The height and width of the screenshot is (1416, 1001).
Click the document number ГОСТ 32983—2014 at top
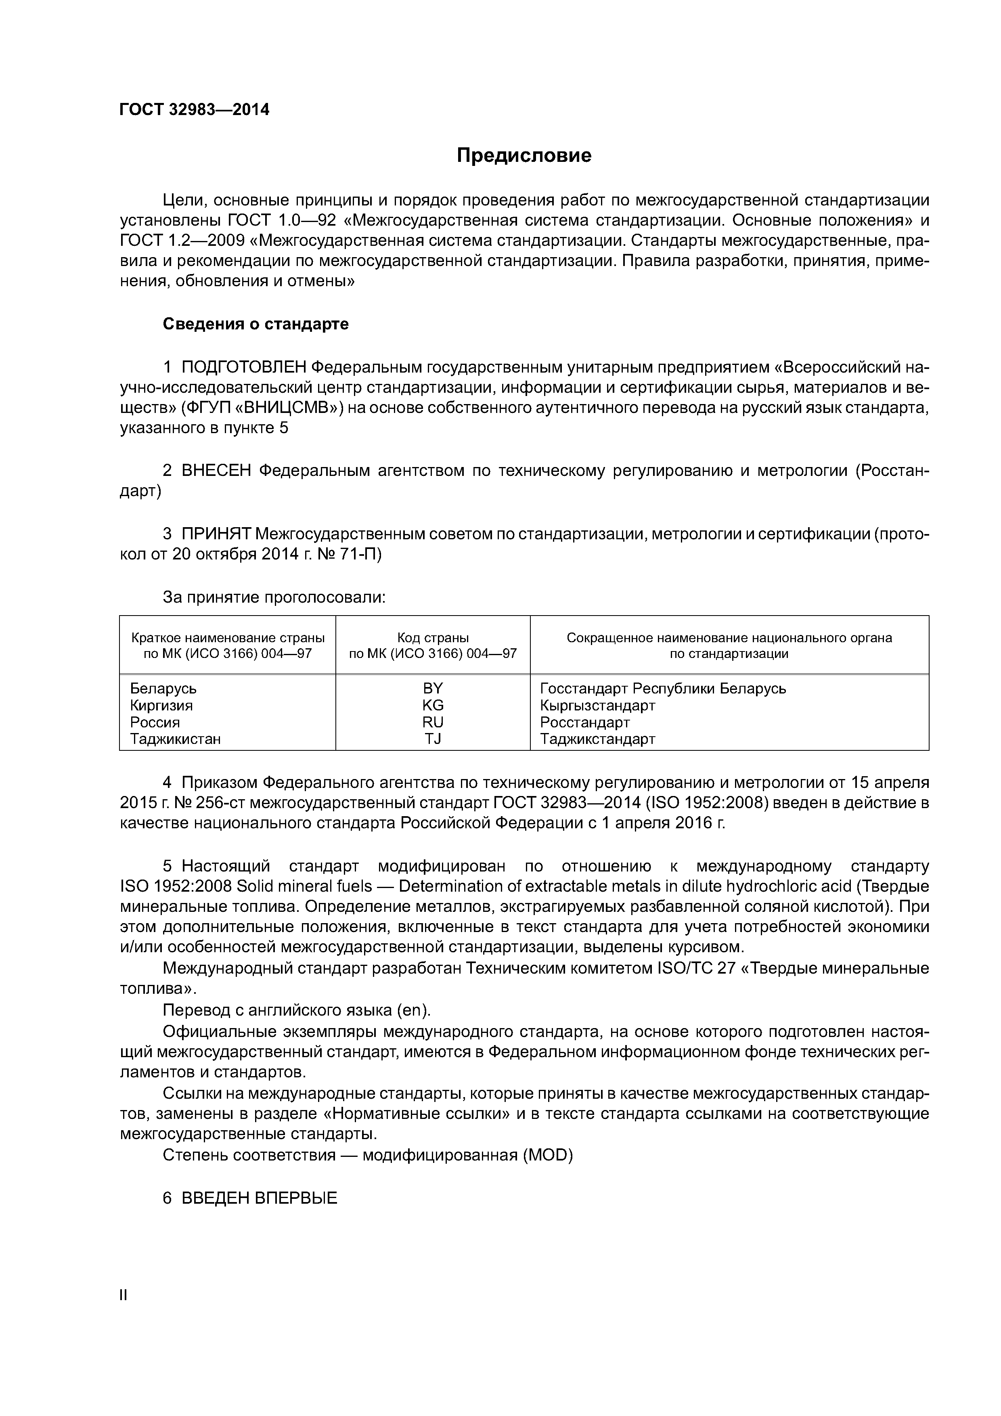pyautogui.click(x=194, y=110)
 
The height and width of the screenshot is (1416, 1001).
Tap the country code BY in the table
pyautogui.click(x=433, y=688)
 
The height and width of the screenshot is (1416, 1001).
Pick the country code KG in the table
pyautogui.click(x=433, y=705)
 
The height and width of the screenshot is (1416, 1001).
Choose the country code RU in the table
pyautogui.click(x=433, y=722)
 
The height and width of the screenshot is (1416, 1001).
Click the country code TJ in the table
pyautogui.click(x=433, y=738)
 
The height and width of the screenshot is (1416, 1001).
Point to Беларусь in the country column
pyautogui.click(x=163, y=688)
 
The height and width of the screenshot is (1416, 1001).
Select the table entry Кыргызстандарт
pyautogui.click(x=598, y=705)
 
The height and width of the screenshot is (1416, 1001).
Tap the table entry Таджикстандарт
pyautogui.click(x=598, y=738)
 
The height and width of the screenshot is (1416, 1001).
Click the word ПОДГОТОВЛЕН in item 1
pyautogui.click(x=244, y=368)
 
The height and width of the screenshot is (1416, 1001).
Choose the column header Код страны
pyautogui.click(x=433, y=638)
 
